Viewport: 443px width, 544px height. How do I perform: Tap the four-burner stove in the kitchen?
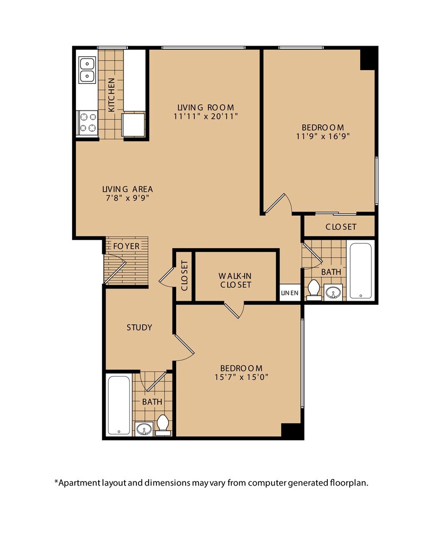point(88,123)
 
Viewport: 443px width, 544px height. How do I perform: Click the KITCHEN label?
point(111,95)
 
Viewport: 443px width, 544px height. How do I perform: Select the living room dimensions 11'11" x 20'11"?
point(206,116)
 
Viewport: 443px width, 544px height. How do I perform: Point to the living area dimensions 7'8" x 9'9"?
point(127,198)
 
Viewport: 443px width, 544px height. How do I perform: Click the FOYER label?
point(126,246)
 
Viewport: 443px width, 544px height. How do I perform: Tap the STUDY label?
point(139,327)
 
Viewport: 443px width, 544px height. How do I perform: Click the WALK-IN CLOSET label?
point(236,280)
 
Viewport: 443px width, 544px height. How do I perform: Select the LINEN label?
point(290,293)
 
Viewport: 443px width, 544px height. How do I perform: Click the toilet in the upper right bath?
point(314,290)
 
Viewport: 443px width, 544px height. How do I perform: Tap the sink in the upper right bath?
point(333,292)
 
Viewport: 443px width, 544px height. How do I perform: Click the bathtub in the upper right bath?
point(361,270)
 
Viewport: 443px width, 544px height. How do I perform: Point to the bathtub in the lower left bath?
point(119,405)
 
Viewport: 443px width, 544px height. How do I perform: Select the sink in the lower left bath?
point(144,429)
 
